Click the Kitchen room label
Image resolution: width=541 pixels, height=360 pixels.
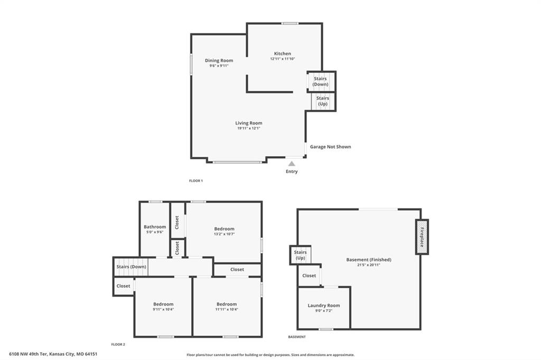282,53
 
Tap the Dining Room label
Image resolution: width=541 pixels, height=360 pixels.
219,60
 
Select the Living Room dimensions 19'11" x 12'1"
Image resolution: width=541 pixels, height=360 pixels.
248,128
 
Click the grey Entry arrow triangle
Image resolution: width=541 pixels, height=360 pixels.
292,164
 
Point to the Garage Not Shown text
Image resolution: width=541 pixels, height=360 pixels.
330,147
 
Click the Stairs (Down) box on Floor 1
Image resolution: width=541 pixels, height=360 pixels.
321,81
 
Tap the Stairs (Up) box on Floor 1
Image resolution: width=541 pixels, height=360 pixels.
323,101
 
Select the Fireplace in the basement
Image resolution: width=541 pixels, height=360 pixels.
422,237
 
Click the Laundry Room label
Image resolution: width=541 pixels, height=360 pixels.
324,305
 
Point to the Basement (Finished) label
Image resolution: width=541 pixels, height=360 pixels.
368,260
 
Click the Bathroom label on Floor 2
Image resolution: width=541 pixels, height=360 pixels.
155,226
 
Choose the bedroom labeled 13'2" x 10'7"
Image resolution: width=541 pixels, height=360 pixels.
224,231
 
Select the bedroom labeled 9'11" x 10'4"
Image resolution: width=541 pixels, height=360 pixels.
163,307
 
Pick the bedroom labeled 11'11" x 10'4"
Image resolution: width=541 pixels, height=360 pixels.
227,307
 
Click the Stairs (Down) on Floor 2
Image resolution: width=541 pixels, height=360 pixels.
131,267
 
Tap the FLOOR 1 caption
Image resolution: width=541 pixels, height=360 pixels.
196,181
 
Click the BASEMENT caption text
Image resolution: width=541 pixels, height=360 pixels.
297,337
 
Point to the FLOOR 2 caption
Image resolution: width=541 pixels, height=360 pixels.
118,344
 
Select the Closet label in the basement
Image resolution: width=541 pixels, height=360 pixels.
309,276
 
